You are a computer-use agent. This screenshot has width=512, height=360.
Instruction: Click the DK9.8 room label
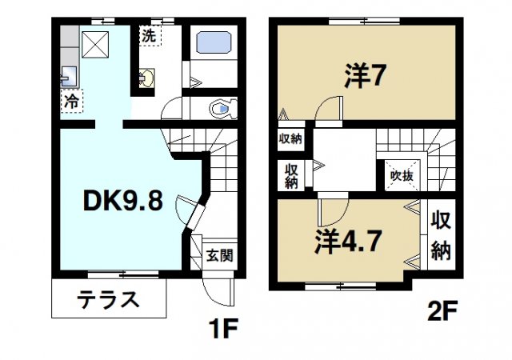(x=123, y=202)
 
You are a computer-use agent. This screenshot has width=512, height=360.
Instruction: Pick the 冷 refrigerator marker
(x=71, y=102)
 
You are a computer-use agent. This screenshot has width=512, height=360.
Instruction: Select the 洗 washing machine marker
(x=148, y=35)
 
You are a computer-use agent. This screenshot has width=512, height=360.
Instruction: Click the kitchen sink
(x=66, y=77)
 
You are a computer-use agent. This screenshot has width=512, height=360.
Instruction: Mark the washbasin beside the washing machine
(x=147, y=78)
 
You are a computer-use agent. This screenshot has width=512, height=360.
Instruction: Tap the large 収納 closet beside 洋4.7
(x=441, y=236)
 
